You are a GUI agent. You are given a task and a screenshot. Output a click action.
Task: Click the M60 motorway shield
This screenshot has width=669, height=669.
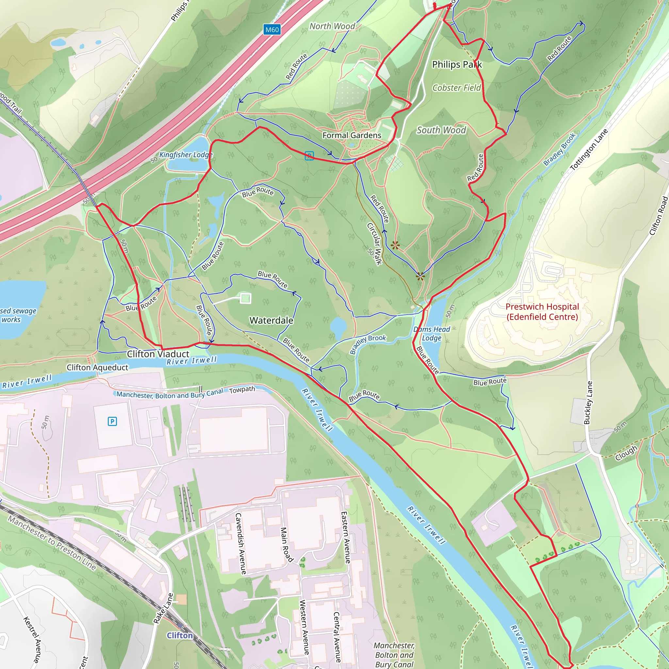(x=272, y=30)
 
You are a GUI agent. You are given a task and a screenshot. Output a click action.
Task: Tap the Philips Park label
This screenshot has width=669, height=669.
(x=457, y=64)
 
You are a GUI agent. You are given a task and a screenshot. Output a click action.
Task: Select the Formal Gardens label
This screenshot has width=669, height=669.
(x=352, y=135)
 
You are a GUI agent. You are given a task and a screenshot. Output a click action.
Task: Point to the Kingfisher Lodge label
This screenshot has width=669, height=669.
(x=186, y=155)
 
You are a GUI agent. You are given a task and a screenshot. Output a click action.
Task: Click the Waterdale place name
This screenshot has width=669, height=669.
(x=271, y=320)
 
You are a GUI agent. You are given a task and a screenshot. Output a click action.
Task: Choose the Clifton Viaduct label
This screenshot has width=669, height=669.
(x=158, y=354)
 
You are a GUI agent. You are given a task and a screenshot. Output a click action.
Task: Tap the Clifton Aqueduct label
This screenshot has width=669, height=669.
(x=97, y=367)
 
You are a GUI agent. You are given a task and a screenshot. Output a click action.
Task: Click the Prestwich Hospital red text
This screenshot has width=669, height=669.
(x=542, y=312)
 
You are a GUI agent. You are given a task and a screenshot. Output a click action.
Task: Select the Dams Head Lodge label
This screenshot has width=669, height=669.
(x=432, y=334)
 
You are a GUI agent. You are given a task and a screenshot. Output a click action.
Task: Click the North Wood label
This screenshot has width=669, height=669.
(x=332, y=26)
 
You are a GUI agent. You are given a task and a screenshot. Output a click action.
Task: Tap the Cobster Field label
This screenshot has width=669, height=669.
(x=456, y=88)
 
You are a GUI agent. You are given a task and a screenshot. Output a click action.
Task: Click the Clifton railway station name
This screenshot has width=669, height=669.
(x=179, y=635)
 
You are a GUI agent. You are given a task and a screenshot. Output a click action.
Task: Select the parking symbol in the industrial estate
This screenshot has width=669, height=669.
(x=112, y=421)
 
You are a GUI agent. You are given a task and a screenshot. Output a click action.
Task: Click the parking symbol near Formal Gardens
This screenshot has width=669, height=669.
(x=309, y=156)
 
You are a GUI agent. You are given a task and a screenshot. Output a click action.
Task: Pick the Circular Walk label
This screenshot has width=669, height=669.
(x=374, y=244)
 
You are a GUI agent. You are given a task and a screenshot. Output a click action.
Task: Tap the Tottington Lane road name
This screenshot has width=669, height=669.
(x=589, y=150)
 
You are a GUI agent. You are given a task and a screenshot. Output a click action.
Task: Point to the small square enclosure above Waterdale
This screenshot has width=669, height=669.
(x=246, y=298)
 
